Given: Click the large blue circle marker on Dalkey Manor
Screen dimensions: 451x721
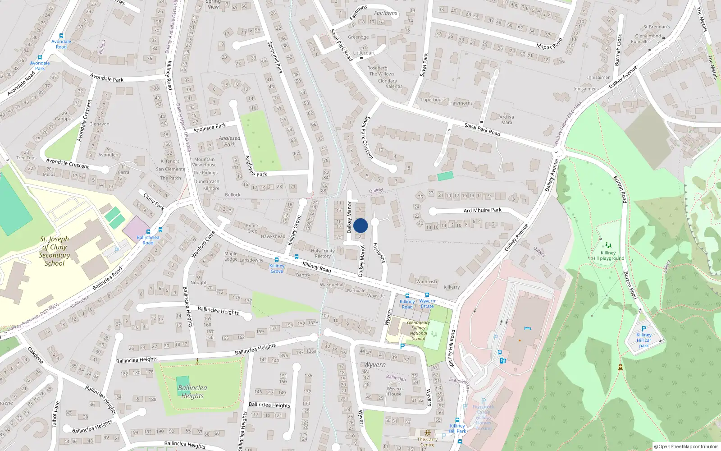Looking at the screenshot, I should click(x=360, y=225).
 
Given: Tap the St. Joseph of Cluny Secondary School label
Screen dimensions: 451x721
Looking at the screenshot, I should click(x=55, y=251).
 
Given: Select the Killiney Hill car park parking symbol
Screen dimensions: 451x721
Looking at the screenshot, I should click(x=643, y=329).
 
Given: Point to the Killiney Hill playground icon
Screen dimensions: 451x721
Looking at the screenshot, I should click(x=608, y=245).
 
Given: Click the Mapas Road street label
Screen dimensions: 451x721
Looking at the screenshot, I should click(x=549, y=44).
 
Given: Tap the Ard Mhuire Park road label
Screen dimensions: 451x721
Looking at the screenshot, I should click(x=482, y=210).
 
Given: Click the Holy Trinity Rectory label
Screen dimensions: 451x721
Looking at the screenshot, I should click(x=323, y=253).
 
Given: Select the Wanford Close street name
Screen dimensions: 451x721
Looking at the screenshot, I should click(x=203, y=244).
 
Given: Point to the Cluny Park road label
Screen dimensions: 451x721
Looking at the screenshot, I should click(x=154, y=201).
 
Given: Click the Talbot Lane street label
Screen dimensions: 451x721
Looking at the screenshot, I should click(x=56, y=414).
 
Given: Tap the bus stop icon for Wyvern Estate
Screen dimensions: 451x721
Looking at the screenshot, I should click(x=427, y=295).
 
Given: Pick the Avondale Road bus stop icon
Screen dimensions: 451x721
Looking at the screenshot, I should click(x=61, y=36).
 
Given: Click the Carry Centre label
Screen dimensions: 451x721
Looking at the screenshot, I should click(x=427, y=442).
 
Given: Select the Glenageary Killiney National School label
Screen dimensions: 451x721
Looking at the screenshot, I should click(x=418, y=331).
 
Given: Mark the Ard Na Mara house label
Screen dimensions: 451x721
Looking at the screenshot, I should click(x=507, y=120).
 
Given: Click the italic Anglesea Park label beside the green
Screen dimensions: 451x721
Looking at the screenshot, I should click(x=229, y=141).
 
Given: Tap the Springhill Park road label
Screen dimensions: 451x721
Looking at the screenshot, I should click(x=275, y=58).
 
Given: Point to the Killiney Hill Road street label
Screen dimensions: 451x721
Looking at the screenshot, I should click(x=452, y=348).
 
